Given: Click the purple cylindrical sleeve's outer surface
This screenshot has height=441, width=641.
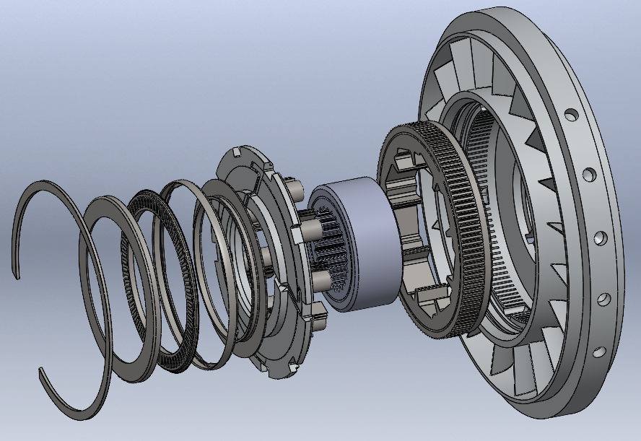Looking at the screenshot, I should (x=372, y=237).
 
